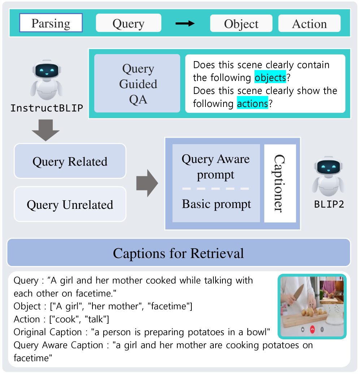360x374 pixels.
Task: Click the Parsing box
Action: click(51, 23)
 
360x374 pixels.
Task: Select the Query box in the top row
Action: click(128, 23)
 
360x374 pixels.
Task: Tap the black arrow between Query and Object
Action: click(185, 24)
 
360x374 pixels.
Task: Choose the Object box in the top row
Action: click(241, 24)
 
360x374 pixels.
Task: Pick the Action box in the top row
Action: click(309, 24)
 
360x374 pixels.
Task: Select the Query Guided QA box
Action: click(138, 83)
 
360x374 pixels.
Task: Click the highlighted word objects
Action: click(270, 78)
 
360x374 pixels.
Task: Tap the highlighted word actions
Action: click(252, 104)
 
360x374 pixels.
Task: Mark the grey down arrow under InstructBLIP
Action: click(45, 130)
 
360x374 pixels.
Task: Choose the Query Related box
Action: click(70, 161)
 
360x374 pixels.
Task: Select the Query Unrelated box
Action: click(70, 205)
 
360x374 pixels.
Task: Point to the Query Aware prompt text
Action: click(216, 167)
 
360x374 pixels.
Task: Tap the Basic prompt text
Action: click(216, 204)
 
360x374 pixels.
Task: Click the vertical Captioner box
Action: click(280, 184)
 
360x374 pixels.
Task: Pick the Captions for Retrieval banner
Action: click(179, 253)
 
